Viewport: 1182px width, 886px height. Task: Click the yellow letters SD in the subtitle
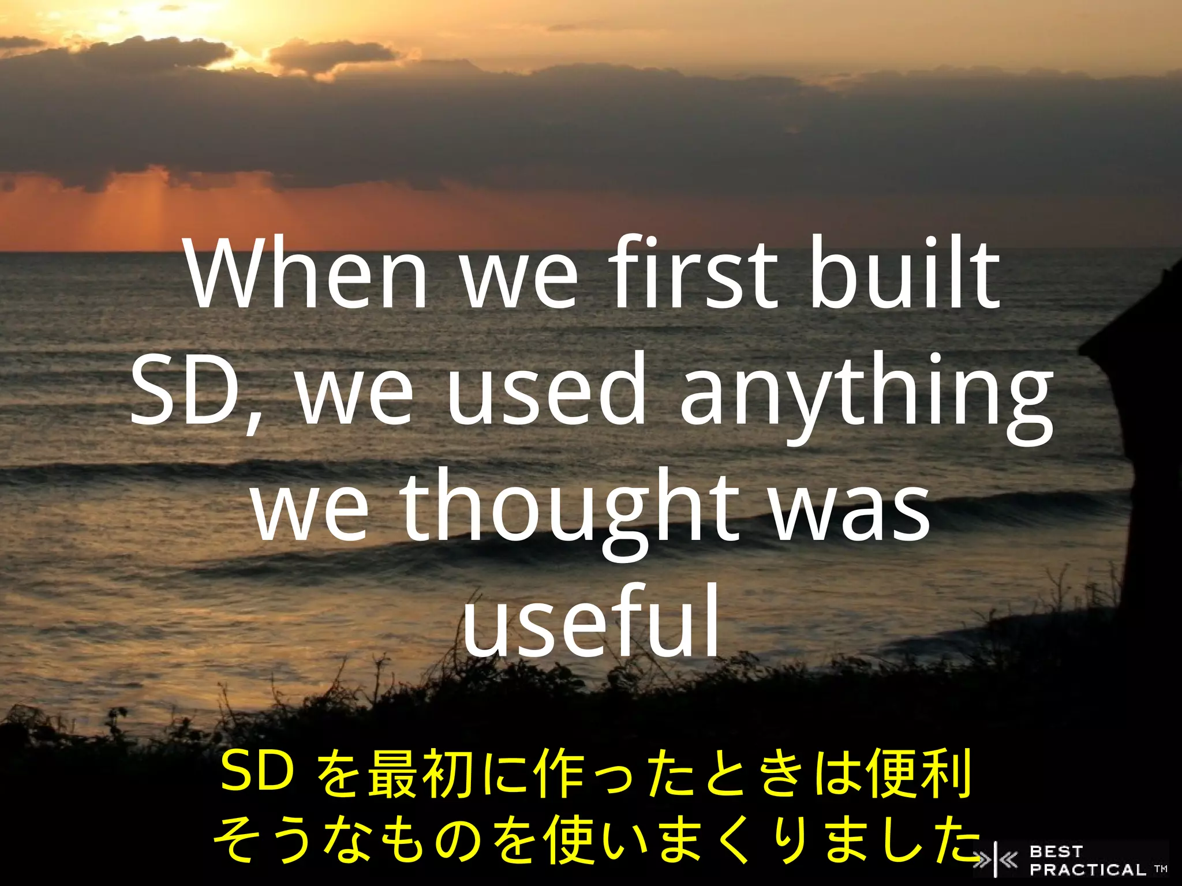(257, 773)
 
